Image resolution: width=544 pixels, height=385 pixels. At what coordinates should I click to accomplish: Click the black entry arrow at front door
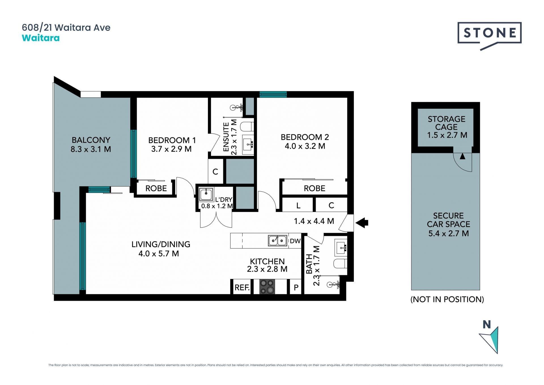[362, 223]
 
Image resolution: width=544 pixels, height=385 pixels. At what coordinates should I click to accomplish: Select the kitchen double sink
[278, 241]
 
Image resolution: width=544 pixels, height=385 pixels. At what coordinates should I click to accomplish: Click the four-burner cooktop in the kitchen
[267, 287]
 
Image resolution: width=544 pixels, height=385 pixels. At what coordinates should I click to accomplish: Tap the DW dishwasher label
[295, 241]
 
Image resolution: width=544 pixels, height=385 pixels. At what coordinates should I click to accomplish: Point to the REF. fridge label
[242, 288]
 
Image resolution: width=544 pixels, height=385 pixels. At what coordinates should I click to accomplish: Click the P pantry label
[296, 288]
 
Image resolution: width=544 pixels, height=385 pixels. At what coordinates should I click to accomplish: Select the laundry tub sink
[206, 194]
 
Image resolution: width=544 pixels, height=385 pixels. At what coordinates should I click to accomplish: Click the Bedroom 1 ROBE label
[156, 188]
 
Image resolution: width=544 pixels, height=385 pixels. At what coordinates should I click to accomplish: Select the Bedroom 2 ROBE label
[314, 188]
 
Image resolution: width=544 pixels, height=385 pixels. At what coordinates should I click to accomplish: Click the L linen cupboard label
[298, 205]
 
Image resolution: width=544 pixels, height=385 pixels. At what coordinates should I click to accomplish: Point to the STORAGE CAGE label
[447, 123]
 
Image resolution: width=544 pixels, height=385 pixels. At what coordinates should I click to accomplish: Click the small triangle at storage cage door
[462, 156]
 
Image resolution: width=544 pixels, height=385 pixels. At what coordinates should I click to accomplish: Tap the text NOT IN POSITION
[447, 299]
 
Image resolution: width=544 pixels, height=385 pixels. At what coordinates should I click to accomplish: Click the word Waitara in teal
[41, 38]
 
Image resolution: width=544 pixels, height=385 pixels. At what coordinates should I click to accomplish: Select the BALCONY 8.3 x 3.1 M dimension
[91, 149]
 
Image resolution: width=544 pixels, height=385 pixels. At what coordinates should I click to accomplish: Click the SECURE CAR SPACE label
[449, 220]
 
